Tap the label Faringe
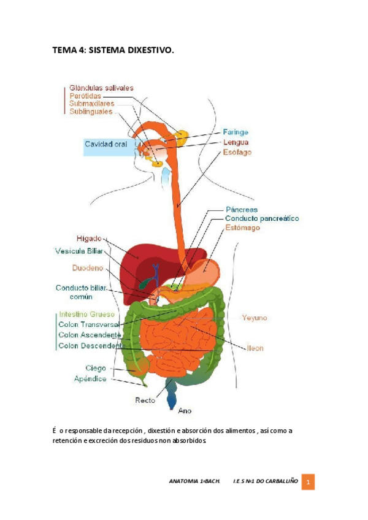236,132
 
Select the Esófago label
237,152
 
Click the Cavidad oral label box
106,145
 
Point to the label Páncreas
242,209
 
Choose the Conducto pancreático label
262,218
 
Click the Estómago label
243,227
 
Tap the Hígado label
89,238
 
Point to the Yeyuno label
254,318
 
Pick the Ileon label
255,348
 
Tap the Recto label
146,400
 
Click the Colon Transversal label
88,324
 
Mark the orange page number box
310,483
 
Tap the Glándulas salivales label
101,88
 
